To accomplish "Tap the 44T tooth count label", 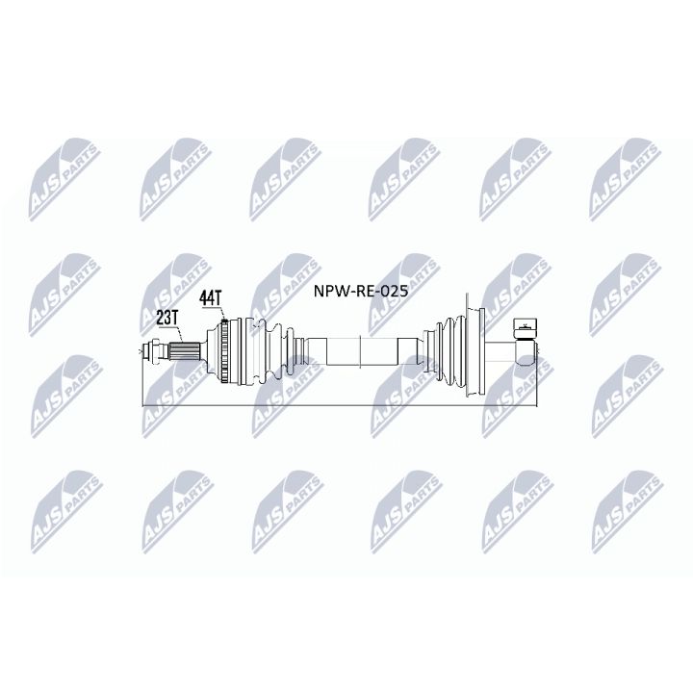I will pos(211,298).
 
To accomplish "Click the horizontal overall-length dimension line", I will pos(337,405).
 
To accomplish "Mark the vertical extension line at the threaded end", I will pos(142,385).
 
